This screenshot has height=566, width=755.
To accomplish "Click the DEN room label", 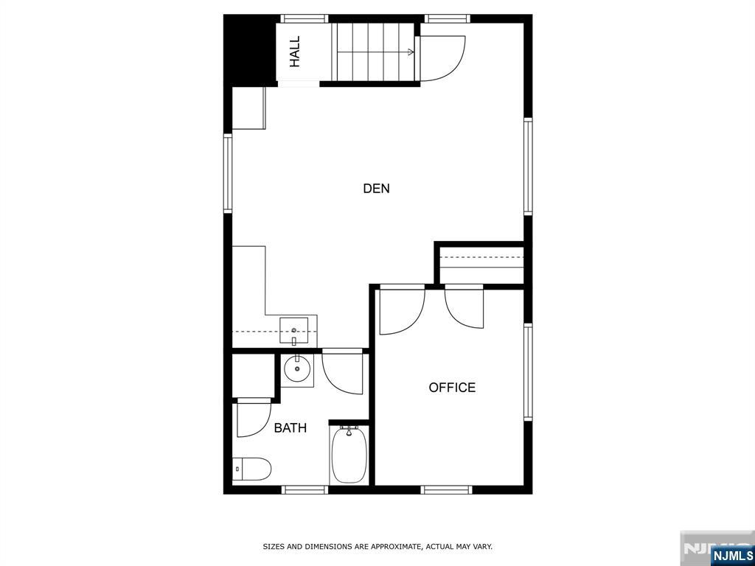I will [376, 189].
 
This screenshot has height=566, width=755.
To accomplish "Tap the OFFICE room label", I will [452, 388].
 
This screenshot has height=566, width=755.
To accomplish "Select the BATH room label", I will [290, 428].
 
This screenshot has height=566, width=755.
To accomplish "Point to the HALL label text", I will [295, 52].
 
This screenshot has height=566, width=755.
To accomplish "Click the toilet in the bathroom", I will [252, 468].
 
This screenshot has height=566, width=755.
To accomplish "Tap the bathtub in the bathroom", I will [348, 455].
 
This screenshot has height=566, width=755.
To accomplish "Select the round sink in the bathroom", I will [298, 369].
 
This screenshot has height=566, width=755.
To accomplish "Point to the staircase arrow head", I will [410, 52].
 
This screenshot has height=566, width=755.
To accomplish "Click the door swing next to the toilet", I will [252, 419].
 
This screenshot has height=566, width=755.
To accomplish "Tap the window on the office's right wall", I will [528, 371].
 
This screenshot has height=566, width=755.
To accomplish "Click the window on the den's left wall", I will [228, 173].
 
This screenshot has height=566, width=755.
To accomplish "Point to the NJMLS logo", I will [732, 556].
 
